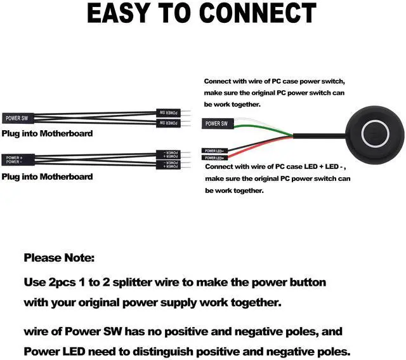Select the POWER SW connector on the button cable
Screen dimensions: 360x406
[x=216, y=123]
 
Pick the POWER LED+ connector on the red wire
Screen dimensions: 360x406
[x=215, y=157]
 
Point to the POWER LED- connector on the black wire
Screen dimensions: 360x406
[x=215, y=150]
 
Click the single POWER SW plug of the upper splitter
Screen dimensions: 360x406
[x=17, y=117]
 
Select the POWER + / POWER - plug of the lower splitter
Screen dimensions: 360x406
[x=17, y=159]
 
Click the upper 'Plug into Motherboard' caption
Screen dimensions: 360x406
[x=47, y=133]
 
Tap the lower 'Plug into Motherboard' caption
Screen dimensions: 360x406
[x=47, y=177]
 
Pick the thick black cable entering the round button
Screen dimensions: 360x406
[x=320, y=136]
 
